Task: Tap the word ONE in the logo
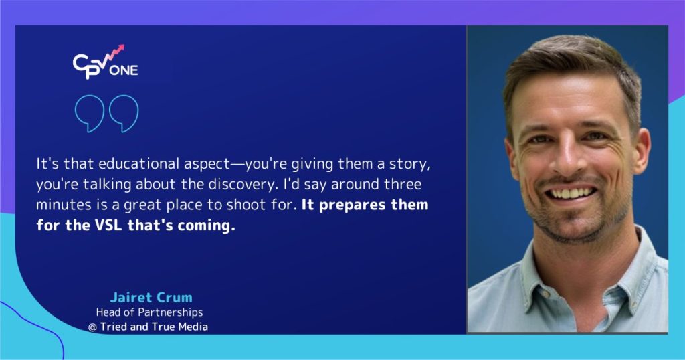pyautogui.click(x=124, y=70)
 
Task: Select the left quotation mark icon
pyautogui.click(x=90, y=113)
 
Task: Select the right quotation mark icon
pyautogui.click(x=124, y=113)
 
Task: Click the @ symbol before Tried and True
pyautogui.click(x=92, y=327)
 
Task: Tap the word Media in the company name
pyautogui.click(x=193, y=327)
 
